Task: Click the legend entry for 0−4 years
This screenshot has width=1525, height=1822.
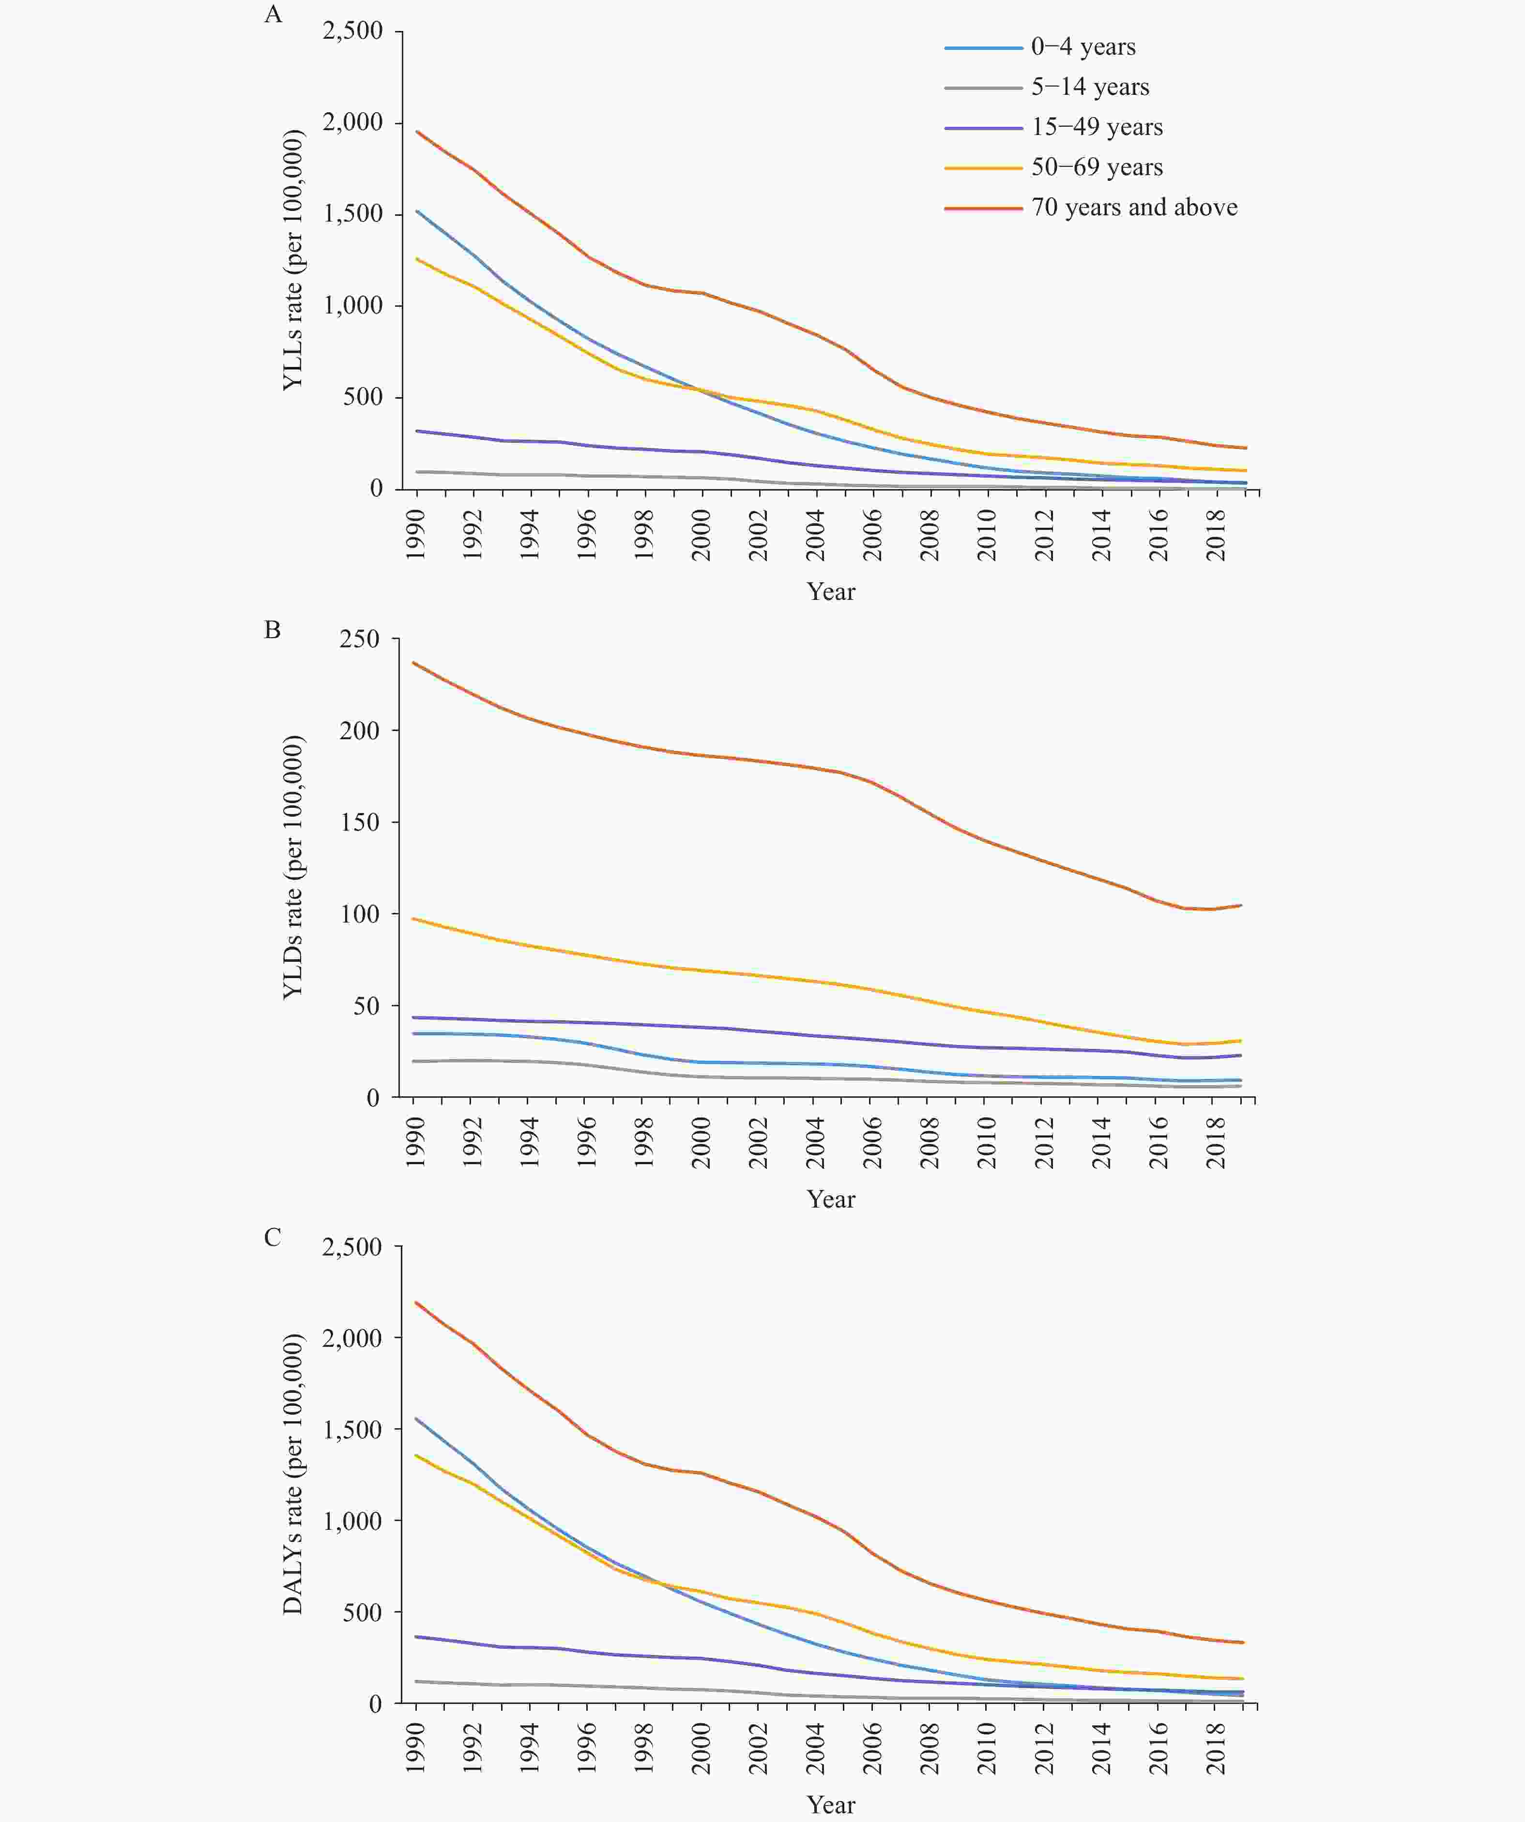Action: (x=1083, y=47)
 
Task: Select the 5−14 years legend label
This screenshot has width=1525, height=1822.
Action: (x=1089, y=87)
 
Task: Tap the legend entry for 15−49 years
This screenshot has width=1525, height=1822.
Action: (x=1096, y=128)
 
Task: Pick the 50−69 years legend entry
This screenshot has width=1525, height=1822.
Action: (x=1096, y=167)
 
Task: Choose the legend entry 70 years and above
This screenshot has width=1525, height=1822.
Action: (x=1133, y=208)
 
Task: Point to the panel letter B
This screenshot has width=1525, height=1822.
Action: (x=273, y=630)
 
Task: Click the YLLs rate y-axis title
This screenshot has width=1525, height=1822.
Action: (x=293, y=260)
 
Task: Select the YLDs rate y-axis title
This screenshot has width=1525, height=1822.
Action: (x=293, y=867)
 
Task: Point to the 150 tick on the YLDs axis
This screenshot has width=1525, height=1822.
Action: (x=360, y=822)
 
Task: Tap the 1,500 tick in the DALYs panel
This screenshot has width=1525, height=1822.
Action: (x=352, y=1430)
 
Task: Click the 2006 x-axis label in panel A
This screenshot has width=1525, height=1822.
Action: (x=872, y=535)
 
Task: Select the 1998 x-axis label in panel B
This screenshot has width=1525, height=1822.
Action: (x=643, y=1143)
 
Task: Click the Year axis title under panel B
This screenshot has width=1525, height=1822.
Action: (x=831, y=1199)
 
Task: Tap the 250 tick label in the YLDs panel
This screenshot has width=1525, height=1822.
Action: (x=360, y=640)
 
